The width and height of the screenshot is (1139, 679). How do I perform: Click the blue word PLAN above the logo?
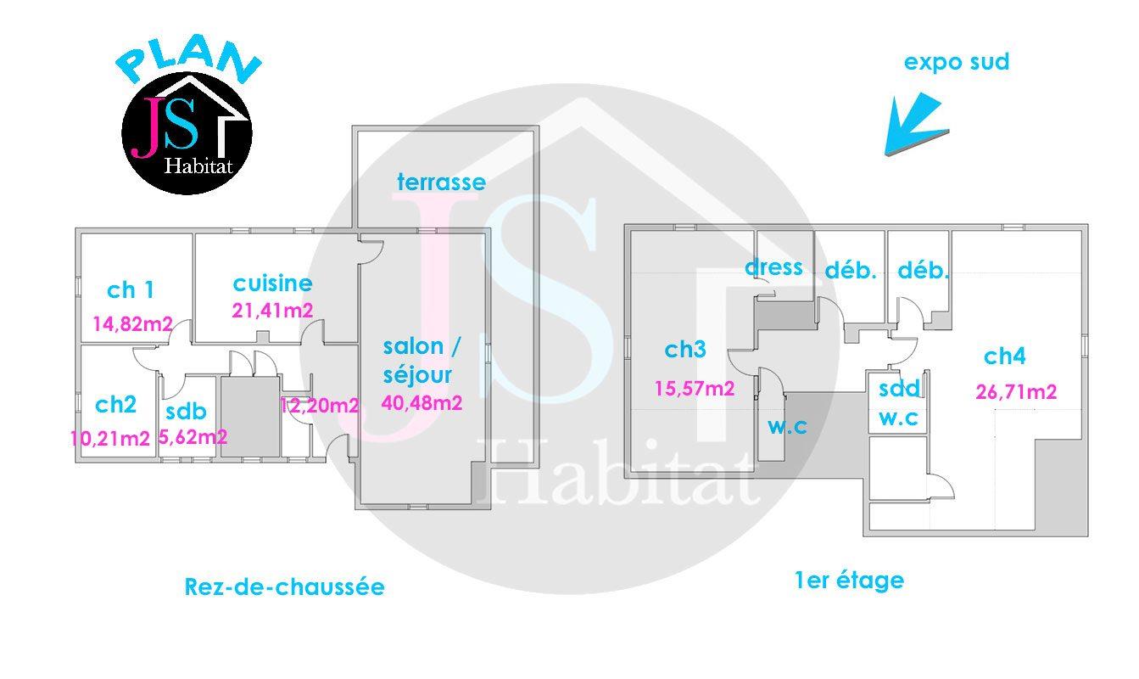click(x=188, y=61)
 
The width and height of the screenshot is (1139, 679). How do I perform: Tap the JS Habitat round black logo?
click(x=187, y=133)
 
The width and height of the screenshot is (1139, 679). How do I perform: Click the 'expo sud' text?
click(x=957, y=62)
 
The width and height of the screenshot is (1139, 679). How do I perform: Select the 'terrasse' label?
click(x=441, y=182)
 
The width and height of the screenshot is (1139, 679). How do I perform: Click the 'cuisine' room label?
click(x=272, y=283)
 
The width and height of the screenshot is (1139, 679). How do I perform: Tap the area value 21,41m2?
click(x=272, y=311)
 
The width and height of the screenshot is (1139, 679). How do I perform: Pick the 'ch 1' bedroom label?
click(x=130, y=290)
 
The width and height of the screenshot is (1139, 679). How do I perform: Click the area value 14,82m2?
click(x=132, y=323)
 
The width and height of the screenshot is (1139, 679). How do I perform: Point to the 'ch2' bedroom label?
click(x=116, y=405)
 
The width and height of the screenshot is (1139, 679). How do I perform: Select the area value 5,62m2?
click(x=193, y=437)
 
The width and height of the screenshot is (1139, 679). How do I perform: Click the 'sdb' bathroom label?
click(x=186, y=412)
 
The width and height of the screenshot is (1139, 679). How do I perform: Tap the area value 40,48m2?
click(x=422, y=403)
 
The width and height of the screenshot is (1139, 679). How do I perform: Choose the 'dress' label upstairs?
click(x=774, y=267)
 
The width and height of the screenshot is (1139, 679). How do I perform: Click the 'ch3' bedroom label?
click(x=685, y=349)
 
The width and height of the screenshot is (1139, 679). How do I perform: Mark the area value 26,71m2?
click(x=1017, y=391)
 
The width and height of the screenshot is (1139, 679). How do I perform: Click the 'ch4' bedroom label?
click(x=1005, y=356)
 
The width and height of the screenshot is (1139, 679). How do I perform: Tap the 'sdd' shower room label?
click(x=900, y=389)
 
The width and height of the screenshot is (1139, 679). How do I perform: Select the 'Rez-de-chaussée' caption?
click(x=285, y=586)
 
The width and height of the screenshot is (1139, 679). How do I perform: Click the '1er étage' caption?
click(x=850, y=581)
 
